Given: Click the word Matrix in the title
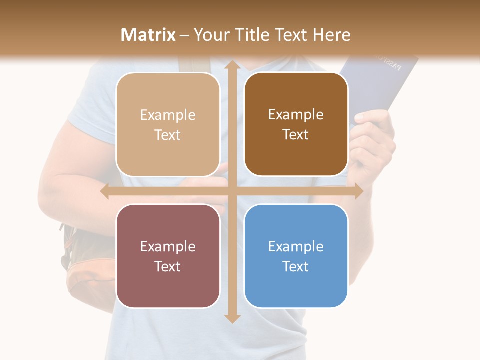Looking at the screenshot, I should tap(148, 35).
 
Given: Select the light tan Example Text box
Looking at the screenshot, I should tap(168, 124).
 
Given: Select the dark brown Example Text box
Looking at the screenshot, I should tap(296, 124).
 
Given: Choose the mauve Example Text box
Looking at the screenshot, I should tap(168, 256).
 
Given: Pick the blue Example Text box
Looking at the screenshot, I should tap(296, 256).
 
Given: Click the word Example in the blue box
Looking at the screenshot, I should tap(296, 246).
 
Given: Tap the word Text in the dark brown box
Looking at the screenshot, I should tap(296, 135).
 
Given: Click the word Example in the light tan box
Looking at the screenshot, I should tap(168, 115).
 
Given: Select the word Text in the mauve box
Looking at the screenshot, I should tap(168, 266).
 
